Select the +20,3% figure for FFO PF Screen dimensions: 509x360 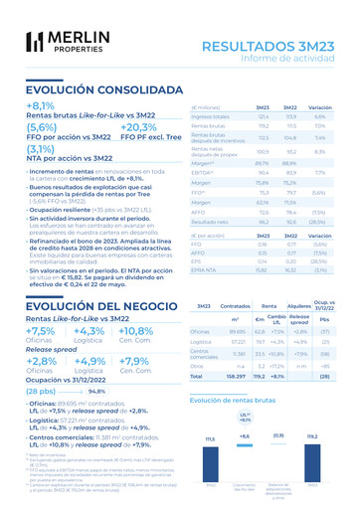(140, 128)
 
